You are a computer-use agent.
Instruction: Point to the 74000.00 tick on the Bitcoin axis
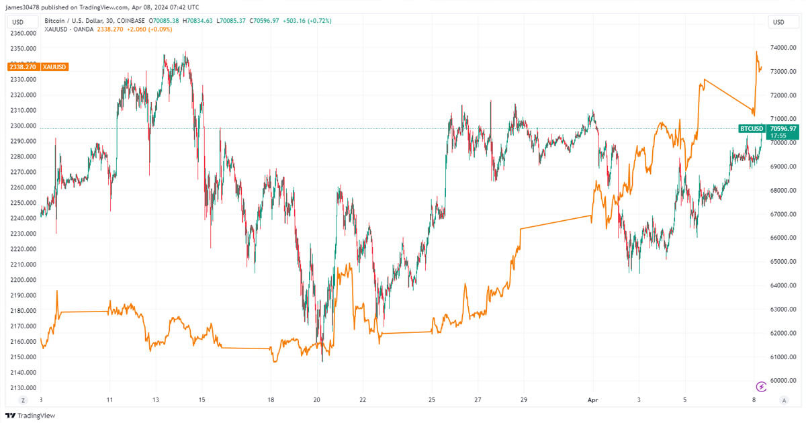(x=784, y=48)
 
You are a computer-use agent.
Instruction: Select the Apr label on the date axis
(x=592, y=399)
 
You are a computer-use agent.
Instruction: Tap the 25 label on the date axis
(x=432, y=399)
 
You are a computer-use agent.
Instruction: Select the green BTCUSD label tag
(x=751, y=128)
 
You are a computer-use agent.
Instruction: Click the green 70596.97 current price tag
(x=783, y=128)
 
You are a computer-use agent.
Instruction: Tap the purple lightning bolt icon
(x=761, y=386)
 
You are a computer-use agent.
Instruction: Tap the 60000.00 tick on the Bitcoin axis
(x=784, y=380)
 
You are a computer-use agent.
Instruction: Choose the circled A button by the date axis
(x=783, y=399)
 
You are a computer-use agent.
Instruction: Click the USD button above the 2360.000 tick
(x=18, y=22)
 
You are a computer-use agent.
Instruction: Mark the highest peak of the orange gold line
(x=756, y=51)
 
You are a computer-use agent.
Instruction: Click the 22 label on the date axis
(x=363, y=399)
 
